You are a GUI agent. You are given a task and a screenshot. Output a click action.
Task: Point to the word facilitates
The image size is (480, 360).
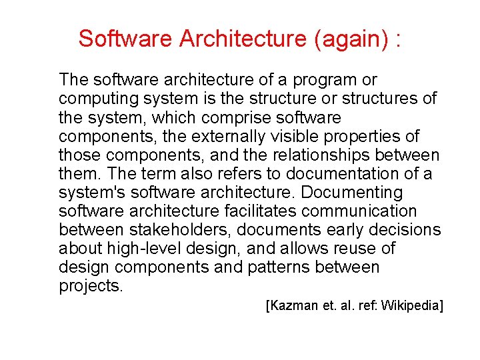(x=255, y=211)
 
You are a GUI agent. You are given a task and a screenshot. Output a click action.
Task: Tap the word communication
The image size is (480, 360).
(x=365, y=211)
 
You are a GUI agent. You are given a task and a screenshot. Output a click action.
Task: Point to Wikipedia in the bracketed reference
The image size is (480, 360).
(x=411, y=306)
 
